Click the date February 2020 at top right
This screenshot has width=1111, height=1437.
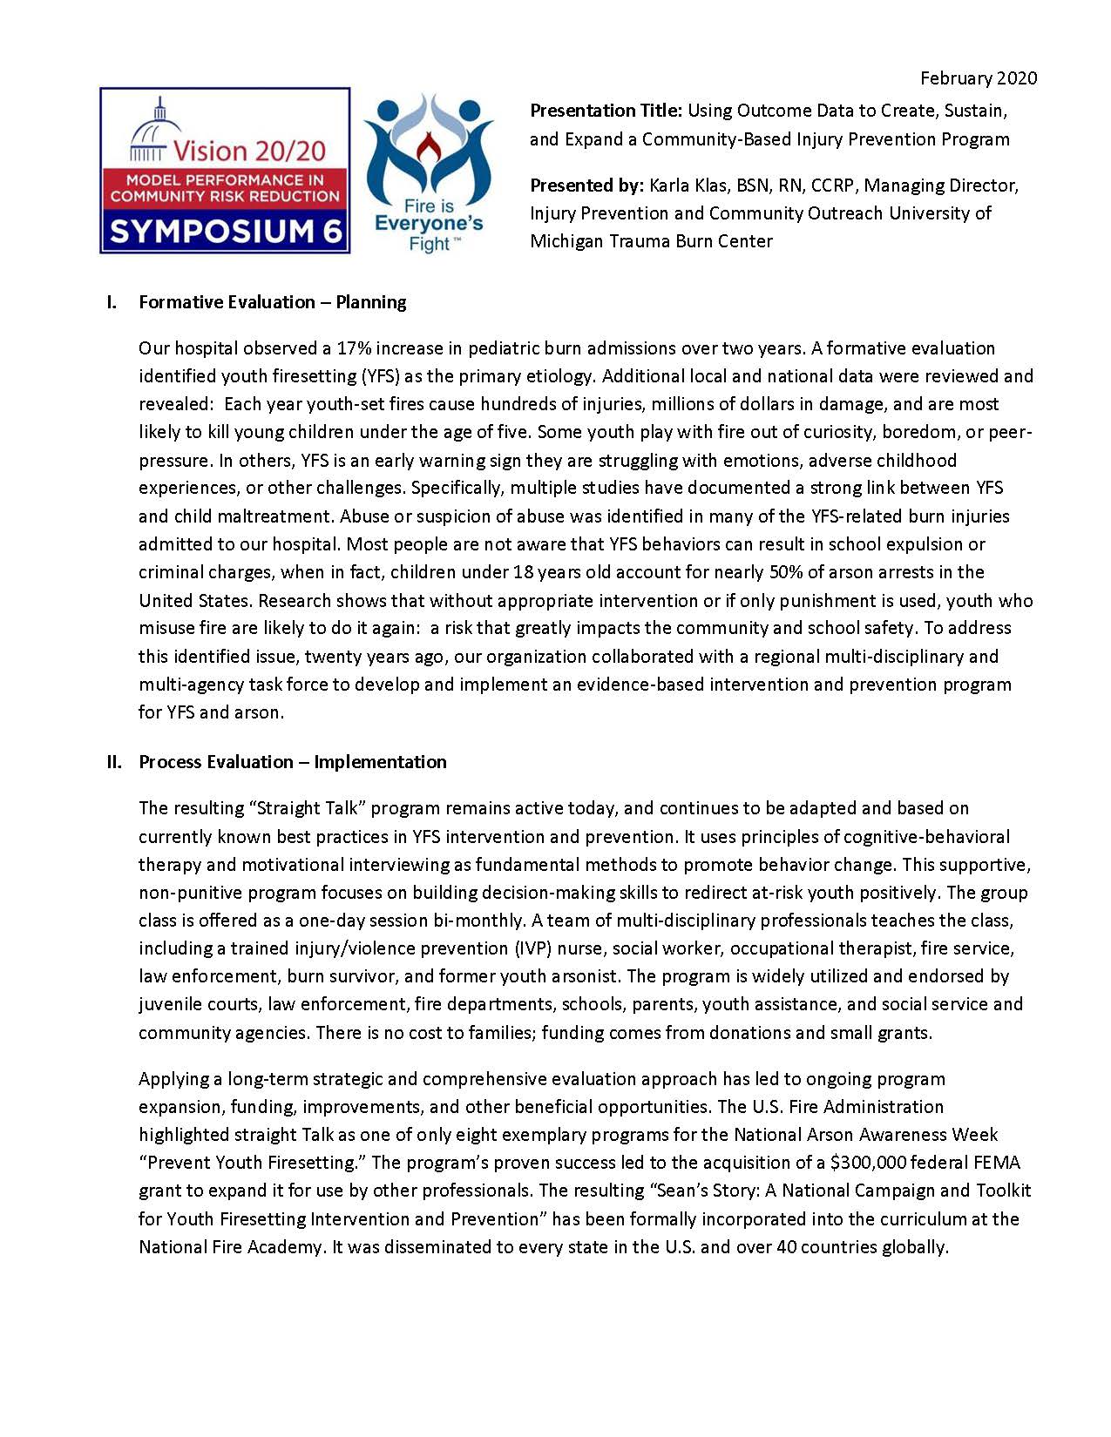point(979,78)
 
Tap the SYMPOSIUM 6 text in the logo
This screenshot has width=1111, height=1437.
point(225,232)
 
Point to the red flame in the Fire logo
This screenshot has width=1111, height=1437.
point(427,154)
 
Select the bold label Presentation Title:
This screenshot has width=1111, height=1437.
point(606,111)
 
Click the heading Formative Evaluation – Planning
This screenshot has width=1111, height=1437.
point(272,302)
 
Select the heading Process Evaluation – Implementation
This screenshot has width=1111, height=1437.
point(292,762)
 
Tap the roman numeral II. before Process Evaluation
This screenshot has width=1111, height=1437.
point(114,762)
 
